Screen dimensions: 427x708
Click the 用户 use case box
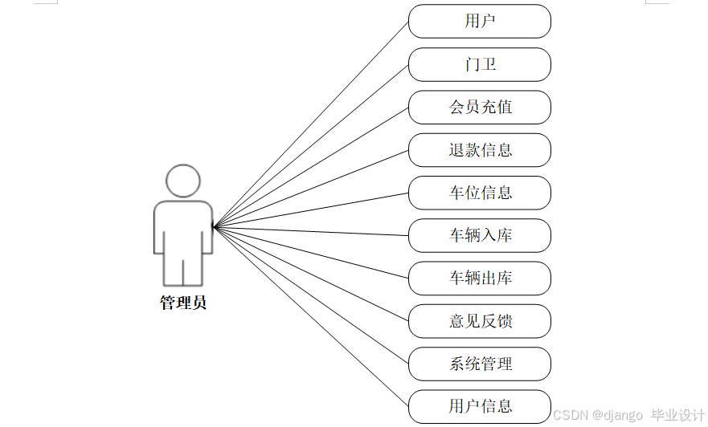pyautogui.click(x=479, y=22)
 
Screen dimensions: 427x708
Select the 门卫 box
pyautogui.click(x=479, y=64)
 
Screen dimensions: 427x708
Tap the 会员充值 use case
pyautogui.click(x=479, y=107)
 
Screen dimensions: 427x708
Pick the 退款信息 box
pyautogui.click(x=479, y=150)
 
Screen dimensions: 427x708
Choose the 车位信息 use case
pyautogui.click(x=479, y=193)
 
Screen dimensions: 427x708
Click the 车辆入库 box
pyautogui.click(x=479, y=235)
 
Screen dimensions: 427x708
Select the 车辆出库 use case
pyautogui.click(x=479, y=279)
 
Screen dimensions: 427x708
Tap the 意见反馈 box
pyautogui.click(x=479, y=321)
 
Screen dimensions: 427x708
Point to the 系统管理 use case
pyautogui.click(x=479, y=364)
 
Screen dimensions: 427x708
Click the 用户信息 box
pyautogui.click(x=479, y=406)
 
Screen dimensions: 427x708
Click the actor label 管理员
pyautogui.click(x=183, y=303)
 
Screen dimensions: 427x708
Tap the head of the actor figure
pyautogui.click(x=183, y=181)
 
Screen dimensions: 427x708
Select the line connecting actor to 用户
pyautogui.click(x=310, y=124)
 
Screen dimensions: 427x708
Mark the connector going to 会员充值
pyautogui.click(x=310, y=167)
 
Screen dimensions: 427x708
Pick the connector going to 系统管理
pyautogui.click(x=310, y=295)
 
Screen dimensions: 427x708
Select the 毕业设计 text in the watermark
pyautogui.click(x=678, y=415)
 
